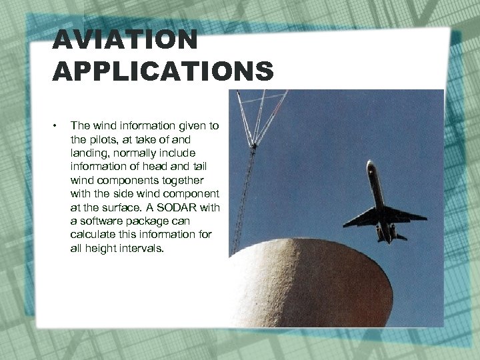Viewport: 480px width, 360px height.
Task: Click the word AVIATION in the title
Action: [x=125, y=40]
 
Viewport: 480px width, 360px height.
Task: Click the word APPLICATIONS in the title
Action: [x=163, y=71]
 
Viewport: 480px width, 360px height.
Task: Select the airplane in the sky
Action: [x=382, y=203]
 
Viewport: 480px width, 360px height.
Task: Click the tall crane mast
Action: [x=245, y=193]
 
